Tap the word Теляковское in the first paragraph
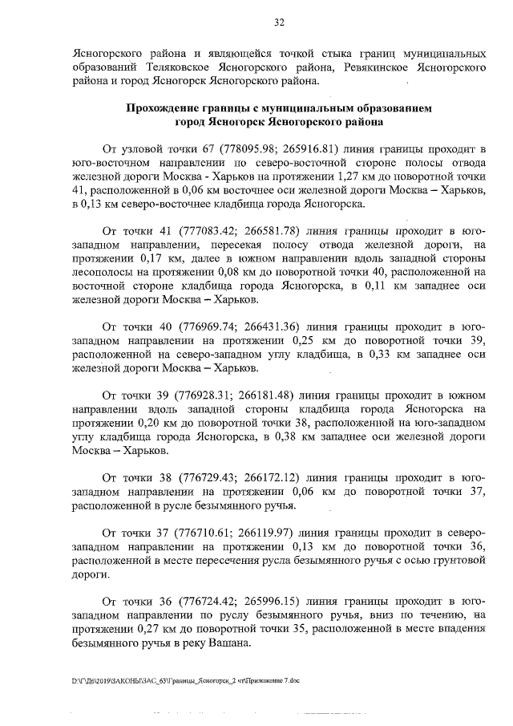point(181,63)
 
